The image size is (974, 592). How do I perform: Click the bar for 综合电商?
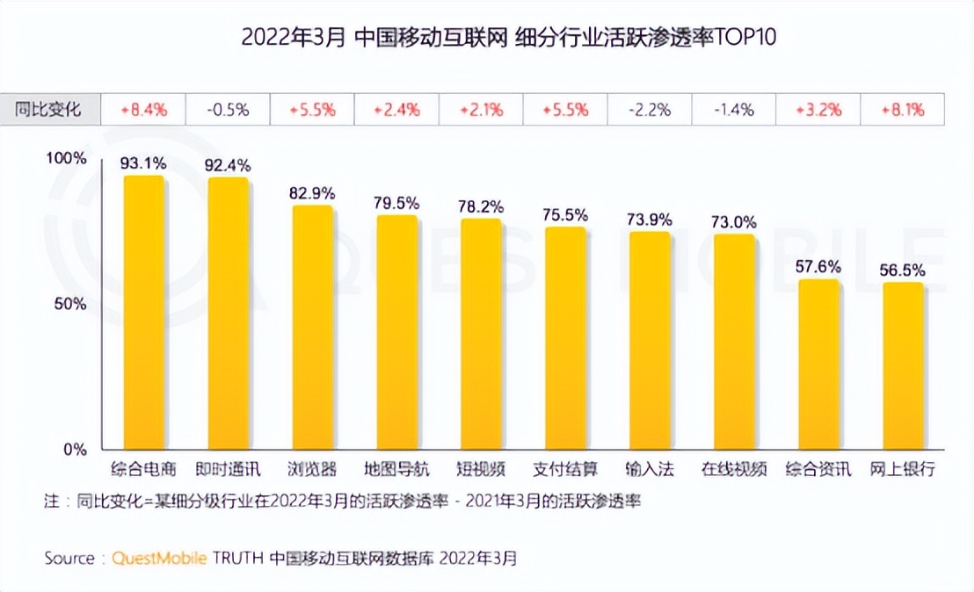coord(144,313)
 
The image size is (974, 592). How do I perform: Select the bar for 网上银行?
coord(903,365)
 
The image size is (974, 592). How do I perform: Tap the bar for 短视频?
coord(481,334)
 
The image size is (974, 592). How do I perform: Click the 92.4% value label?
coord(228,164)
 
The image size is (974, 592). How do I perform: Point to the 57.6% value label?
coord(818,266)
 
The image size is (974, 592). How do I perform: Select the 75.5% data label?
coord(565,213)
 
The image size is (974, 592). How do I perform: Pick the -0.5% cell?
coord(227,110)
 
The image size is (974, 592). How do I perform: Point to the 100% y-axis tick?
coord(66,159)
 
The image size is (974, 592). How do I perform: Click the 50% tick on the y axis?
coord(70,304)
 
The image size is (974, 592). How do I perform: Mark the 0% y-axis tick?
coord(75,450)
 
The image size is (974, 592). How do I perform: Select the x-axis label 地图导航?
coord(396,469)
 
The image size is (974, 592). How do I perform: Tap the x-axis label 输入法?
coord(650,469)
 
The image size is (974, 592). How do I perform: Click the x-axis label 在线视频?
coord(734,469)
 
